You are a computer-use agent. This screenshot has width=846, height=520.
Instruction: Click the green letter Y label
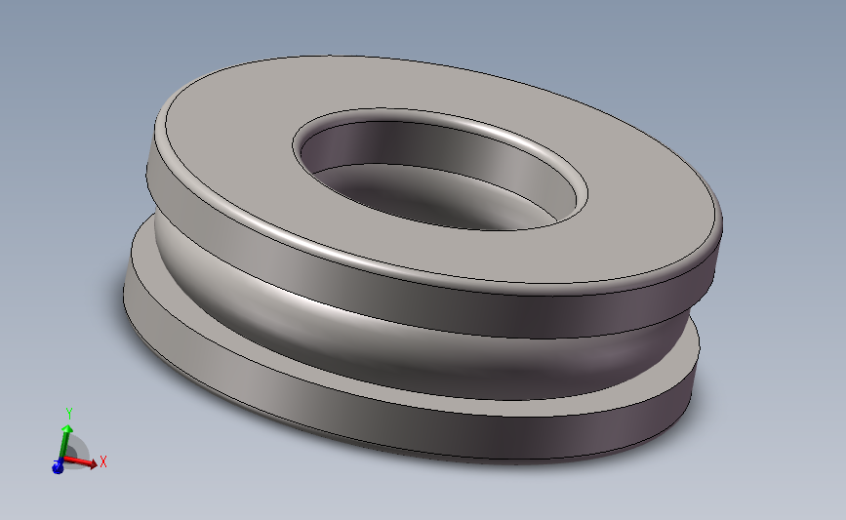point(68,412)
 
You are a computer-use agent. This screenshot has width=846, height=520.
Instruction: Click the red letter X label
point(102,461)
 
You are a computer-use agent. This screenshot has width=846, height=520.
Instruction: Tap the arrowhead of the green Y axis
point(66,426)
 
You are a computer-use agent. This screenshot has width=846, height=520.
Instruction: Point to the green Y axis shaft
point(63,444)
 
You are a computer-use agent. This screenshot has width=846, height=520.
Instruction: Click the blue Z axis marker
point(58,468)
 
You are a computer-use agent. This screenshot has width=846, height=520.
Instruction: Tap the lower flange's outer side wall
point(390,420)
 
